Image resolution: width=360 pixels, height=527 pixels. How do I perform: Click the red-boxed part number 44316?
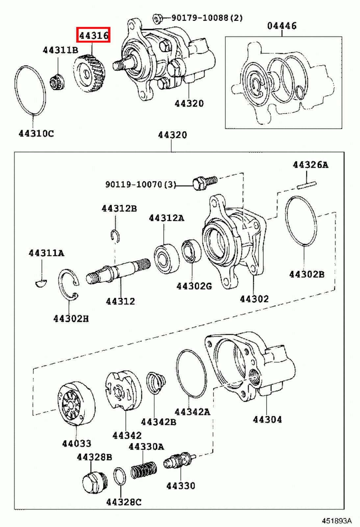[93, 35]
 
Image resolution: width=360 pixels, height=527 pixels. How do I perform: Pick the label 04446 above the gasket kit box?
[282, 26]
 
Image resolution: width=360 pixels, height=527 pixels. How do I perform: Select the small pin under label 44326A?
[307, 185]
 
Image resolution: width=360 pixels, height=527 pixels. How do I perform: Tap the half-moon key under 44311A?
[41, 282]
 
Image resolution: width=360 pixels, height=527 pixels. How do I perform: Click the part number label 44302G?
[194, 286]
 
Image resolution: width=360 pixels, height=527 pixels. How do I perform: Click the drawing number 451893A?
[337, 520]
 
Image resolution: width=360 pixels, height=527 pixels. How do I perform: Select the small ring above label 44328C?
[119, 477]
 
